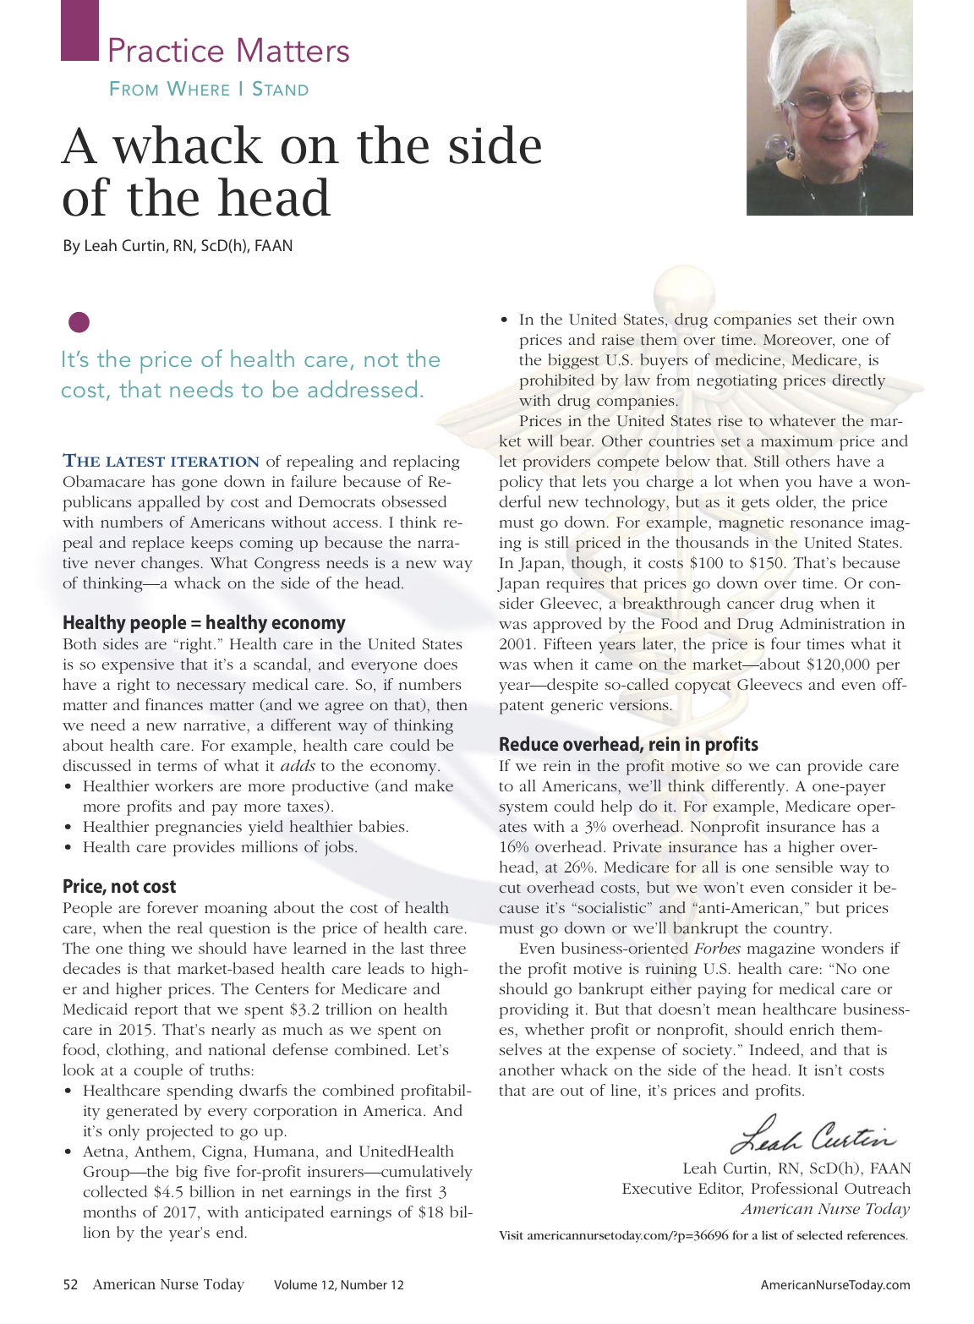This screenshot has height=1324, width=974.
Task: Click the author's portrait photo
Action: (x=829, y=107)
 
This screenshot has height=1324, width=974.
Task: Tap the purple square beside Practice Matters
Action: (x=79, y=30)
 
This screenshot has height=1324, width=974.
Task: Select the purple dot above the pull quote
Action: (x=79, y=322)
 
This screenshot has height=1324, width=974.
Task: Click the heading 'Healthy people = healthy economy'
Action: (x=204, y=623)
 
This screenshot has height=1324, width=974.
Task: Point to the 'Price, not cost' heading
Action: (x=119, y=887)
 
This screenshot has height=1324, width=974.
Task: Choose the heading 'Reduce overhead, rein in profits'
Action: (x=628, y=745)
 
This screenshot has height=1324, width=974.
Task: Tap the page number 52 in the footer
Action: (x=70, y=1285)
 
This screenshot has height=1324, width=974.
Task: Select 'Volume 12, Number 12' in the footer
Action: (x=338, y=1285)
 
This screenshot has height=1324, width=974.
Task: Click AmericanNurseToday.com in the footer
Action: (x=834, y=1285)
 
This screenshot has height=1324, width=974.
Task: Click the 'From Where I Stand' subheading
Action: (x=209, y=90)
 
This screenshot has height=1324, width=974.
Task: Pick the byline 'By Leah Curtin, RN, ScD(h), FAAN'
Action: (x=178, y=246)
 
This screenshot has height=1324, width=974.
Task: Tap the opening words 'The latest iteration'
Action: (x=161, y=462)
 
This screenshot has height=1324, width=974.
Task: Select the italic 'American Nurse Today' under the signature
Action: (x=825, y=1209)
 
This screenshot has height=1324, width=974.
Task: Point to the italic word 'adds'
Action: (x=297, y=766)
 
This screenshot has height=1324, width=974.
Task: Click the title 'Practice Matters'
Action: (x=228, y=51)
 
